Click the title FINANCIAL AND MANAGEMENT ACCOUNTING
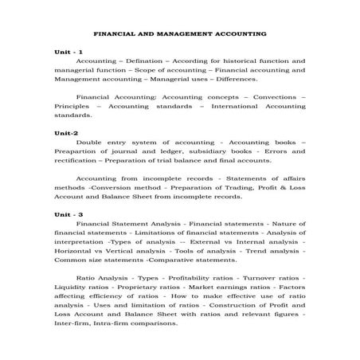pyautogui.click(x=180, y=34)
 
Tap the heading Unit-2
pyautogui.click(x=66, y=132)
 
